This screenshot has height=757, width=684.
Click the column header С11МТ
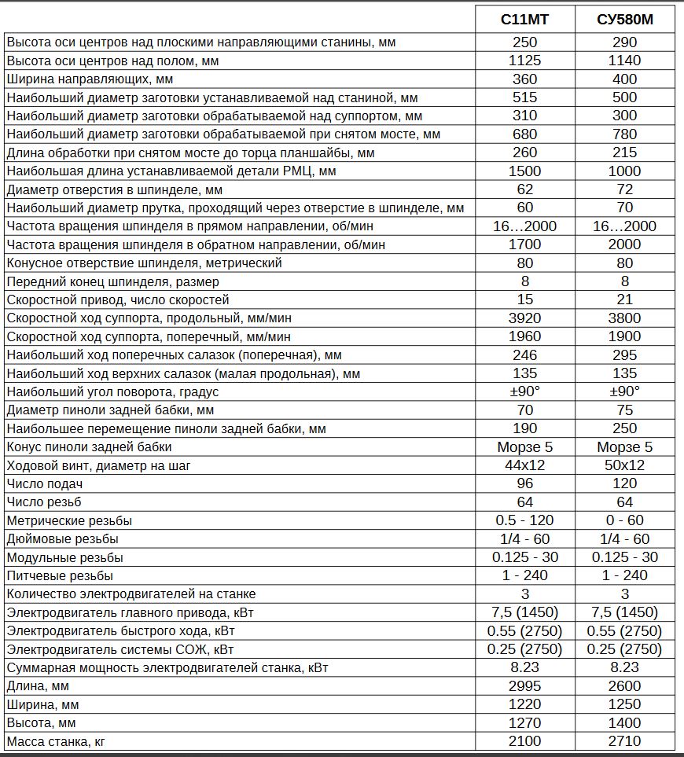pos(524,20)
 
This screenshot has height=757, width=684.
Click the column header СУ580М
pos(625,20)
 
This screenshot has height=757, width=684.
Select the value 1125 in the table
pos(524,61)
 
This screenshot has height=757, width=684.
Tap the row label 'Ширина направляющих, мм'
pos(90,79)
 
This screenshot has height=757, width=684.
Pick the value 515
pos(524,97)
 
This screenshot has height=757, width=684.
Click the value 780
pos(625,134)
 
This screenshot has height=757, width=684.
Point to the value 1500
pos(524,171)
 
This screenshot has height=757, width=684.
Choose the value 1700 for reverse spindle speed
pos(524,244)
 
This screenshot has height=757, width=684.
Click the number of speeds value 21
pos(625,299)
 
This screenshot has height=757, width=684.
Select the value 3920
pos(524,318)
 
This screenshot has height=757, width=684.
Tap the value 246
pos(524,355)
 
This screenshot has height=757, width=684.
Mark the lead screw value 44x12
pos(524,465)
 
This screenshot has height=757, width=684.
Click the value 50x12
pos(625,465)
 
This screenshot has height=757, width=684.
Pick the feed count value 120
pos(625,483)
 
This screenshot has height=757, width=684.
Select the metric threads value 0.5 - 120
pos(524,520)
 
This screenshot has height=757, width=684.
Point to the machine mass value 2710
pos(625,740)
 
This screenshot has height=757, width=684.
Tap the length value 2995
pos(524,685)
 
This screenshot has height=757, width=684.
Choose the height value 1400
pos(625,722)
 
